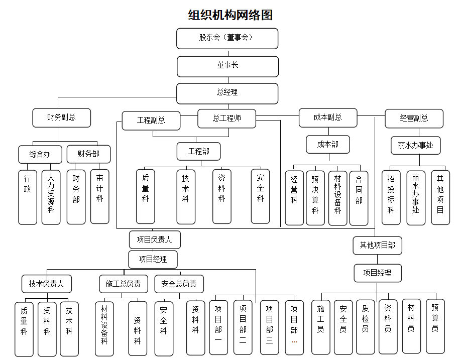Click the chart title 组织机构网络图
click(x=230, y=15)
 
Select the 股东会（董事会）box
click(x=227, y=38)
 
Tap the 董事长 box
click(x=227, y=66)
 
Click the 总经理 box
click(x=227, y=93)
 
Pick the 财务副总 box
click(x=61, y=118)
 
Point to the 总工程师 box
click(x=226, y=118)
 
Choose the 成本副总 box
click(x=327, y=117)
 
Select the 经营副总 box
click(x=414, y=118)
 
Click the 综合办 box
click(x=40, y=154)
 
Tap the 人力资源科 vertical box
click(x=51, y=196)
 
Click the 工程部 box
click(x=198, y=151)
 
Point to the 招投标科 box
click(x=391, y=197)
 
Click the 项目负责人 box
click(x=154, y=240)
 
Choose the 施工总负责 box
click(x=123, y=284)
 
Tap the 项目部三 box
click(x=269, y=327)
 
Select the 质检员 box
click(x=365, y=326)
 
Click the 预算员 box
click(x=435, y=326)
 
